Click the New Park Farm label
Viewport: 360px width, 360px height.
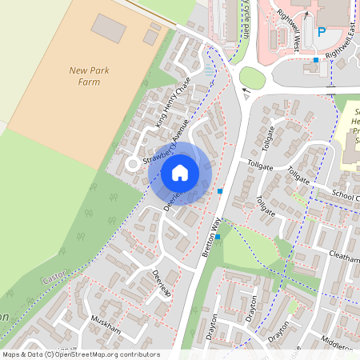89,76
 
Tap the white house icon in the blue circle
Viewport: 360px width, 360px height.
180,172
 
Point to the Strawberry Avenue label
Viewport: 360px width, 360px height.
167,142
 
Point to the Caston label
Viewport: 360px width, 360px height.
54,277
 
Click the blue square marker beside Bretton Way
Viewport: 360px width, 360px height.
220,191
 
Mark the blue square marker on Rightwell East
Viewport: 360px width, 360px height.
316,60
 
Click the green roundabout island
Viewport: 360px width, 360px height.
252,78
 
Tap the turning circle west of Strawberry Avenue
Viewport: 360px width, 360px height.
130,165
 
